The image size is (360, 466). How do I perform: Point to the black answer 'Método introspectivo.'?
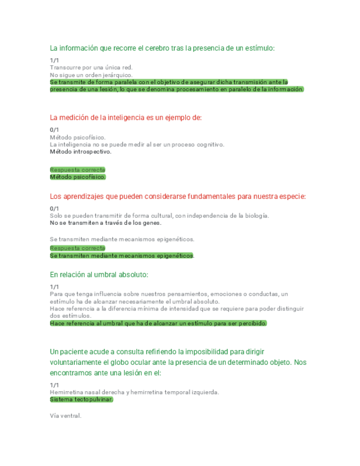click(80, 152)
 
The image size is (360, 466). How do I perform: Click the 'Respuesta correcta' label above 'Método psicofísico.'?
click(77, 170)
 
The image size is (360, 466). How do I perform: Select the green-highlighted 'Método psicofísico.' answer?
click(77, 177)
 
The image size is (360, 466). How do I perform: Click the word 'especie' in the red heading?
click(291, 196)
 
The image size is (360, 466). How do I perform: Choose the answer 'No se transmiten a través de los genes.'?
click(106, 223)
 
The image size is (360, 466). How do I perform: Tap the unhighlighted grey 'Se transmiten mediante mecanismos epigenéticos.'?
click(122, 239)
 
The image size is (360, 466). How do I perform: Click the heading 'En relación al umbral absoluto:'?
click(99, 274)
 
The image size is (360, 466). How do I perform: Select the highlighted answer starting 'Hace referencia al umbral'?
click(158, 323)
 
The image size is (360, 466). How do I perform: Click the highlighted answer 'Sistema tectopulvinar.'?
click(81, 400)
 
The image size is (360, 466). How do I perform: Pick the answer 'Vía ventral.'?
click(65, 416)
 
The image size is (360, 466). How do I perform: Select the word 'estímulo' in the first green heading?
click(258, 48)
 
